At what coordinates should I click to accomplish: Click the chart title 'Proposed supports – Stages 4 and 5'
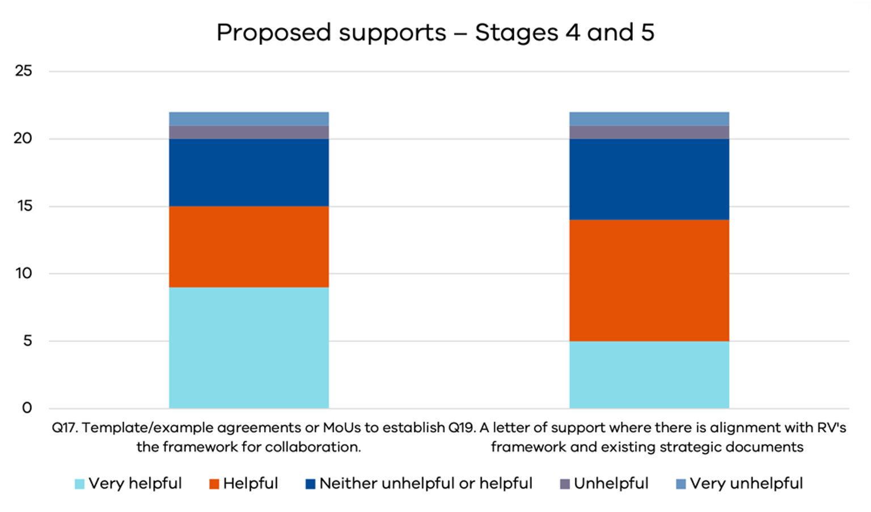435,32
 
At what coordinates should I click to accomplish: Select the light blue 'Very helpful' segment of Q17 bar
248,347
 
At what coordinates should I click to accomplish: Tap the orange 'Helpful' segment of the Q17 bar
248,247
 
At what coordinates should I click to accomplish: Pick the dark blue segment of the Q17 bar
248,172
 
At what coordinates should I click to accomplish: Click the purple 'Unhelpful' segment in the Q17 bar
248,132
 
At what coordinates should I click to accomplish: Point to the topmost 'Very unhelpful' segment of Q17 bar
248,119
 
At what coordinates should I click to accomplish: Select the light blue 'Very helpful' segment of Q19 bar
649,374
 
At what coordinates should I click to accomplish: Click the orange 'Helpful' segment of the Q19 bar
649,280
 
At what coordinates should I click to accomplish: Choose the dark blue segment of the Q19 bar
649,179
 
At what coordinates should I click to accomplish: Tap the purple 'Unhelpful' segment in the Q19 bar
649,132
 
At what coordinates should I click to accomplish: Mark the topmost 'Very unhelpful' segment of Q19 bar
649,119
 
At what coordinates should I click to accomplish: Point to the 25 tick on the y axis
23,71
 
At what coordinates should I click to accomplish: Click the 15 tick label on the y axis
24,206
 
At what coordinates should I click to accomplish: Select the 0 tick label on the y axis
27,408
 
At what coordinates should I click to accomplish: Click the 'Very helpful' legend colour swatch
79,484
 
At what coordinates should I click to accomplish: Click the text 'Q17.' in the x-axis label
65,428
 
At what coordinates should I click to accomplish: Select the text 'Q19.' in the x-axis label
462,428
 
